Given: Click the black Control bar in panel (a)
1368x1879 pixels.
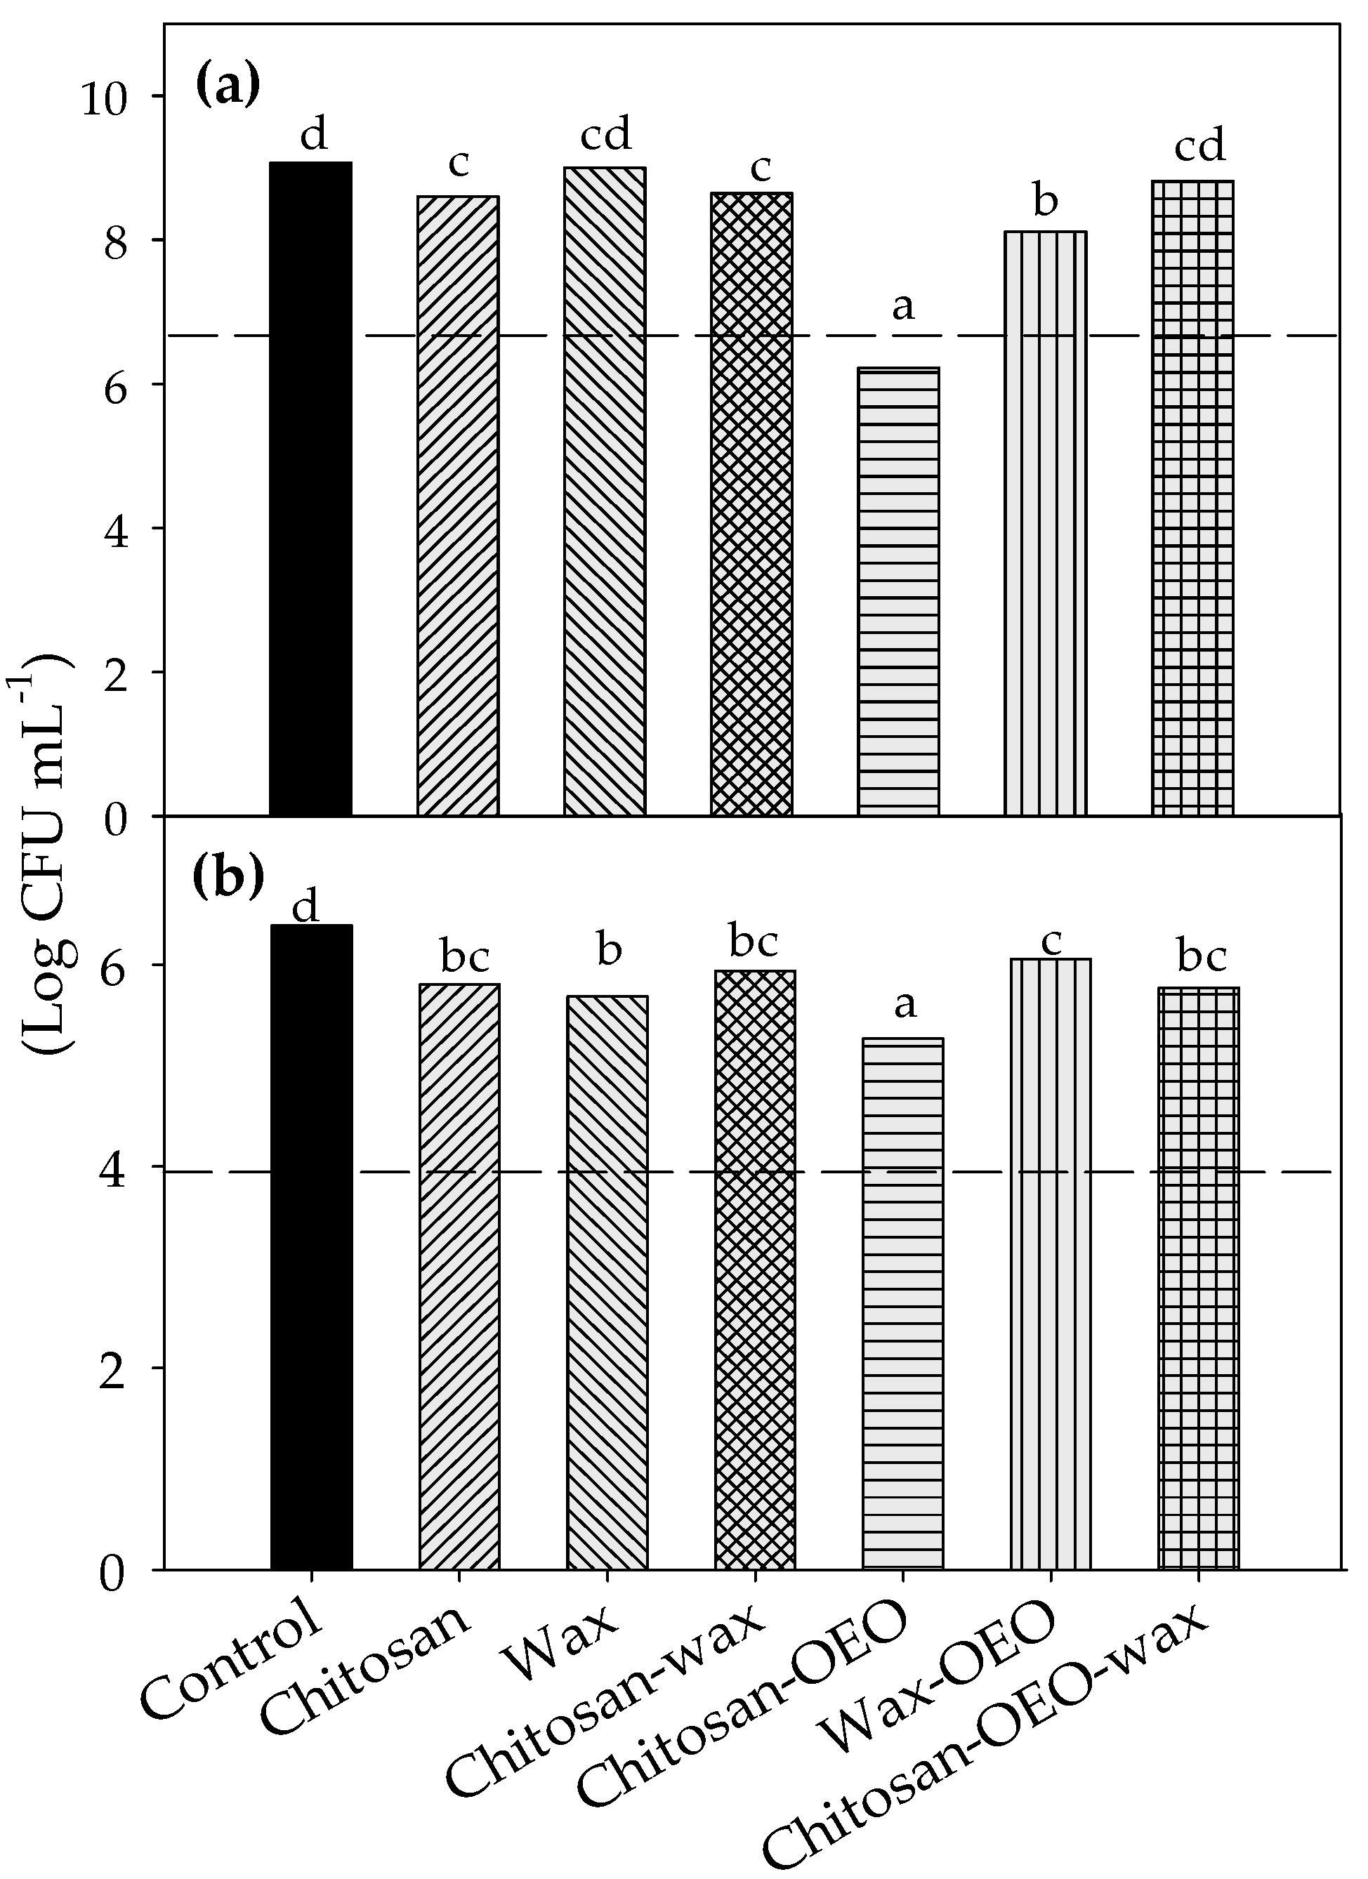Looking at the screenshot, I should [x=310, y=489].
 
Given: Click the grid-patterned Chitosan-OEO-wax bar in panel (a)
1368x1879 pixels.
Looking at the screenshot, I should [x=1192, y=497].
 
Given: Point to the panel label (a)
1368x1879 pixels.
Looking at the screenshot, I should [x=228, y=84].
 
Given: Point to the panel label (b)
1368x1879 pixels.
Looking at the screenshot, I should [x=228, y=878].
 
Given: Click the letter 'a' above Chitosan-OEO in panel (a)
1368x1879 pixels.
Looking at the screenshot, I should [x=902, y=308].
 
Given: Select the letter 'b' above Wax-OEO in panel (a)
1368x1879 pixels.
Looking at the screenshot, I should [x=1046, y=201].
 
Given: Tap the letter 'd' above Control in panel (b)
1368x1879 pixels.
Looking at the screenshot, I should [x=305, y=907].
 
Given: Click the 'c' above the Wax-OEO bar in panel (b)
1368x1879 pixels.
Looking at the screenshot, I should [x=1051, y=942].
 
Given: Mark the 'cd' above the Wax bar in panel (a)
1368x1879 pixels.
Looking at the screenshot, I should [x=606, y=134].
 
